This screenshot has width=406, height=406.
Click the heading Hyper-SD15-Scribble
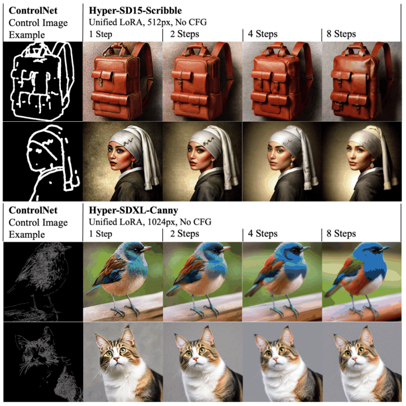tap(135, 11)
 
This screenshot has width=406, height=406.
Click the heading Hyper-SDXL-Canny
tap(133, 210)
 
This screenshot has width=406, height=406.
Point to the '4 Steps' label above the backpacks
tap(263, 34)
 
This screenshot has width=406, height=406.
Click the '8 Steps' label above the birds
tap(341, 233)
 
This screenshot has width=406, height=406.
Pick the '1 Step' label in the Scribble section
tap(100, 34)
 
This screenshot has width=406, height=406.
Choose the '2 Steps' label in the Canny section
tap(185, 233)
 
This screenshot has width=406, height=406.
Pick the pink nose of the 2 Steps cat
tap(197, 359)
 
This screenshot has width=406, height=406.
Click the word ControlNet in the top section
tap(33, 11)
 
